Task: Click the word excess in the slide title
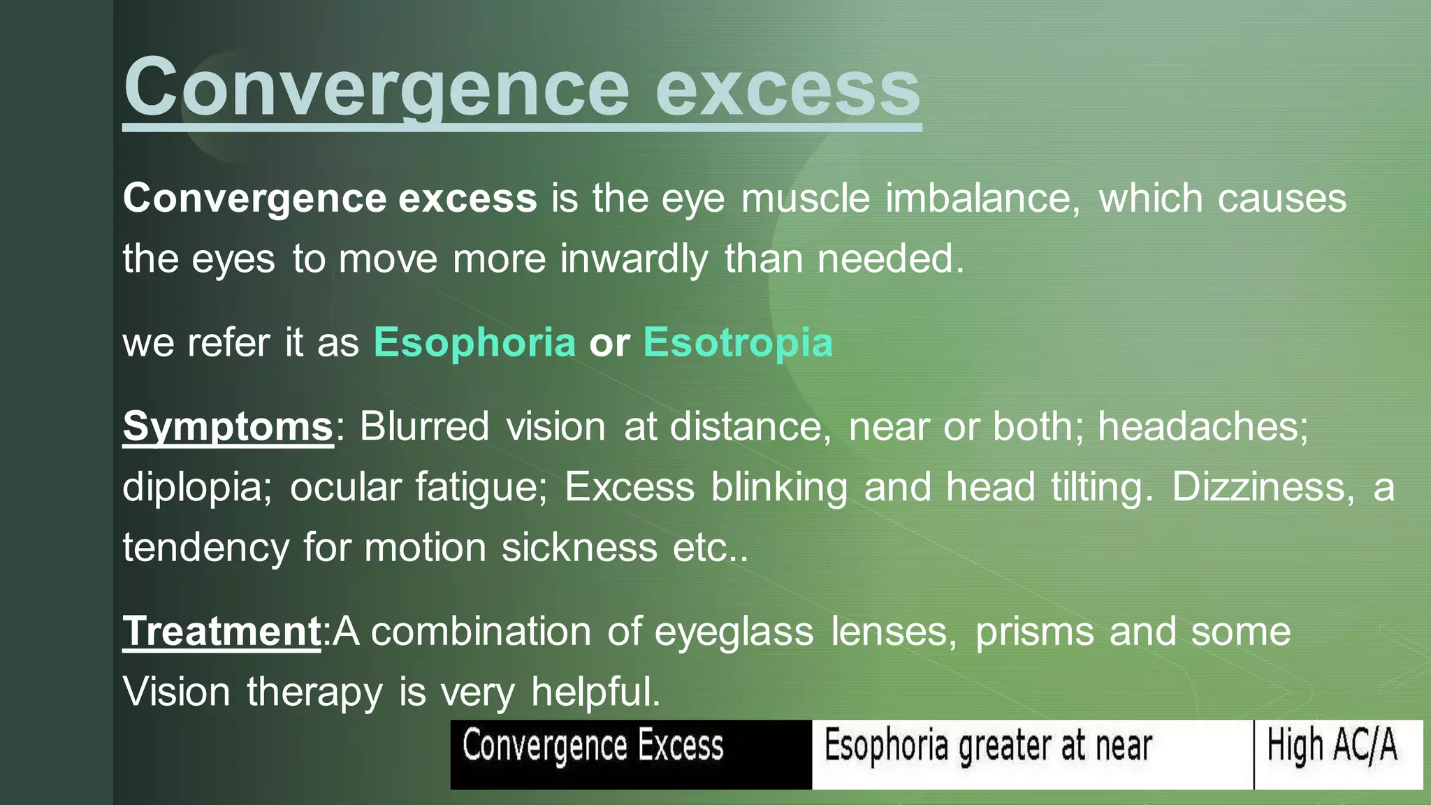tap(787, 89)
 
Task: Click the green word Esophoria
tap(474, 342)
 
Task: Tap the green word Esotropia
tap(738, 342)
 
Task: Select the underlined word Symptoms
tap(228, 426)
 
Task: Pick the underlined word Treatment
tap(221, 632)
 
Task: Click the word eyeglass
tap(734, 632)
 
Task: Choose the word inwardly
tap(634, 259)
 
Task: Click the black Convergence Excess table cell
tap(630, 754)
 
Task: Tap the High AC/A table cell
tap(1338, 754)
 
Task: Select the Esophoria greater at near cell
tap(1032, 754)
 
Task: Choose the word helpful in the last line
tap(595, 692)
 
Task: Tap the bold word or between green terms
tap(609, 342)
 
